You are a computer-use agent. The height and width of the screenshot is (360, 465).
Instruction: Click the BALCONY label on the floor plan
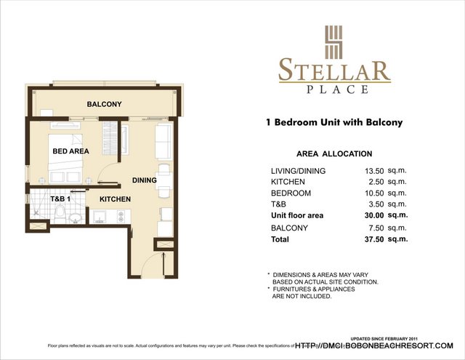click(x=104, y=105)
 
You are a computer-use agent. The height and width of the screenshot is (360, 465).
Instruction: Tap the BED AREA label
click(x=70, y=151)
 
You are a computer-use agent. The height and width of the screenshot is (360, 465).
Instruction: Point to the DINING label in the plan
click(x=145, y=180)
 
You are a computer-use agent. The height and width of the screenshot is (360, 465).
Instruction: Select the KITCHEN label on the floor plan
click(x=115, y=199)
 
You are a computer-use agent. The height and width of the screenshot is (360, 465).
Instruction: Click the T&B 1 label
click(x=60, y=199)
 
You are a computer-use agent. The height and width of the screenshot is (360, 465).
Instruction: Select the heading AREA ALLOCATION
click(x=334, y=154)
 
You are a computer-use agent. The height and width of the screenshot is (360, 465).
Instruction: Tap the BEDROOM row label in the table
click(x=291, y=193)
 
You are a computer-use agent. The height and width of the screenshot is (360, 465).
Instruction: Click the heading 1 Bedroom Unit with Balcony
click(x=334, y=124)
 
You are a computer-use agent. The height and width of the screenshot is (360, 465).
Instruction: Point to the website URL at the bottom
click(x=374, y=345)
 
